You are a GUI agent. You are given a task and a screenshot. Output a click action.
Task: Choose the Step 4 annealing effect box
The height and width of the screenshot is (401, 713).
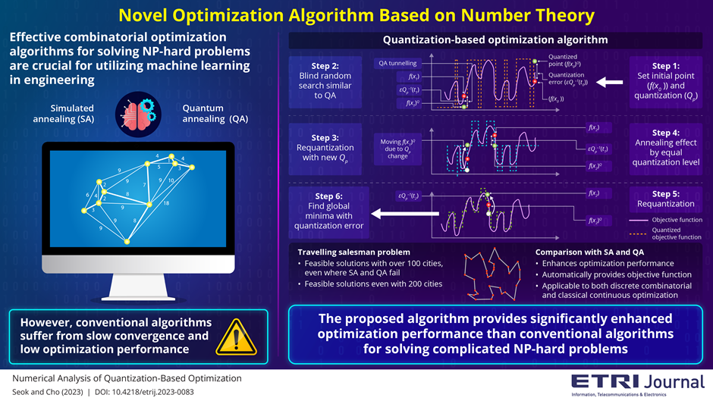point(667,149)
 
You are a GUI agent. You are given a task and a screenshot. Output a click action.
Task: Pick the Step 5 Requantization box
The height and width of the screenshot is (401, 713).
point(667,199)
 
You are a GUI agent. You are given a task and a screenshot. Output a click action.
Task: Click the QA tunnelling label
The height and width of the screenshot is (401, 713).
point(394,64)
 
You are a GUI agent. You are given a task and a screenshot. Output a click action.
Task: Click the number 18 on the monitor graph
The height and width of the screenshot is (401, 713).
point(166,204)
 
